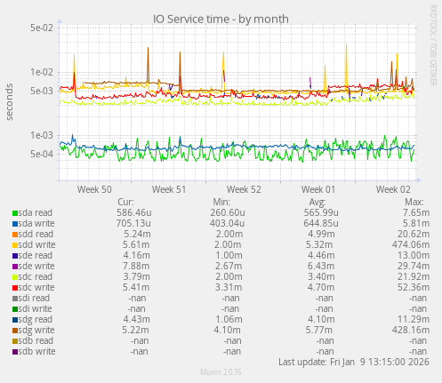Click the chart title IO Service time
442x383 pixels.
click(221, 19)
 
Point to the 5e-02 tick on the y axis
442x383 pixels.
click(40, 28)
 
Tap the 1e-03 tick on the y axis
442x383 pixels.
click(40, 135)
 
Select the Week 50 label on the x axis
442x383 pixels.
click(94, 189)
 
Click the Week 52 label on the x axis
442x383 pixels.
click(244, 189)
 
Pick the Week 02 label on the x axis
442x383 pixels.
click(393, 189)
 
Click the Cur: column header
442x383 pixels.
click(126, 202)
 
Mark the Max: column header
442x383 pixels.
click(414, 202)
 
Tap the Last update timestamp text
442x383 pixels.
click(355, 362)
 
